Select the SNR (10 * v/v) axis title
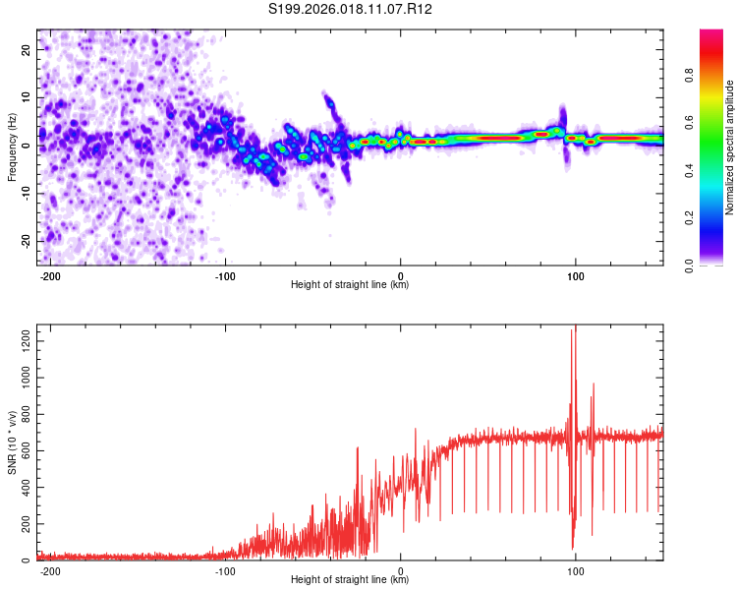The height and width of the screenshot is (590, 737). point(12,443)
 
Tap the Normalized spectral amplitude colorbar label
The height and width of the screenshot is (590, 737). point(730,147)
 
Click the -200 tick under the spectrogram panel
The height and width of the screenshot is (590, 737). point(51,275)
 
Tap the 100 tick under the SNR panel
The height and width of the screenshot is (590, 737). point(575,570)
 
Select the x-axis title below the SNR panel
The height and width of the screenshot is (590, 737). point(350,580)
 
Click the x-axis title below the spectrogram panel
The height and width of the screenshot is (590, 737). point(350,285)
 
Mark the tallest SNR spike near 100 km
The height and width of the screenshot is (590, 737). point(575,329)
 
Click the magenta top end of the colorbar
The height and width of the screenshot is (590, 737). point(711,33)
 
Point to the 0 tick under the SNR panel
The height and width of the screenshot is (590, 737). point(400,570)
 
